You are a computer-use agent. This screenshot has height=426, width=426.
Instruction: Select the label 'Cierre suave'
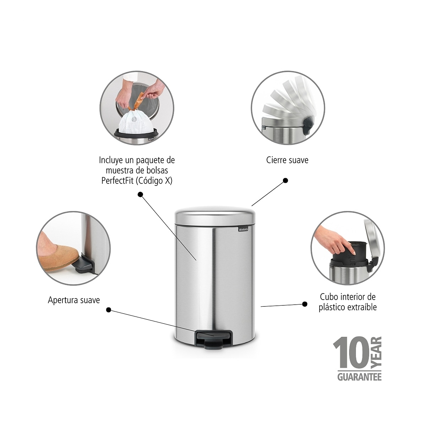287,160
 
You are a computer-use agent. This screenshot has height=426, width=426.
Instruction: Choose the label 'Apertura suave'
74,300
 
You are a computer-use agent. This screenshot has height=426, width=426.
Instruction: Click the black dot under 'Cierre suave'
285,181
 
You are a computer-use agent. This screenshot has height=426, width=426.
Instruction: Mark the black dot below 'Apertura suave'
109,310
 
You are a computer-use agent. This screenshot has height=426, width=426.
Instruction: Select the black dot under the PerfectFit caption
140,195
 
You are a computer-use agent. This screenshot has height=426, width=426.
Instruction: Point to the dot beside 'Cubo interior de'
305,304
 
